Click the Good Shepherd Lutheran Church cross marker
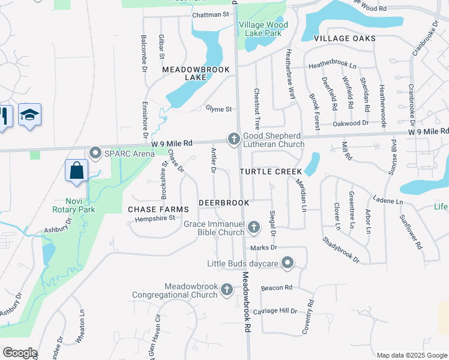tap(234, 139)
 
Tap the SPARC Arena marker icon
tap(95, 153)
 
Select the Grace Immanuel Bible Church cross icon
tap(254, 227)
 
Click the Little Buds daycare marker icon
tap(288, 263)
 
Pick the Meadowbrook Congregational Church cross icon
tap(227, 290)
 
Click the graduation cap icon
tap(29, 115)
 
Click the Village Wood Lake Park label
tap(264, 29)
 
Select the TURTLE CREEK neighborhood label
tap(270, 172)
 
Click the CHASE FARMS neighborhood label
tap(158, 209)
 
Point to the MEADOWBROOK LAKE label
tap(188, 73)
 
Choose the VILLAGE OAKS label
tap(345, 38)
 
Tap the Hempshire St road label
tap(154, 218)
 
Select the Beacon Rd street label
tap(276, 288)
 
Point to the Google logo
tap(19, 353)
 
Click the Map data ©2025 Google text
tap(411, 355)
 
